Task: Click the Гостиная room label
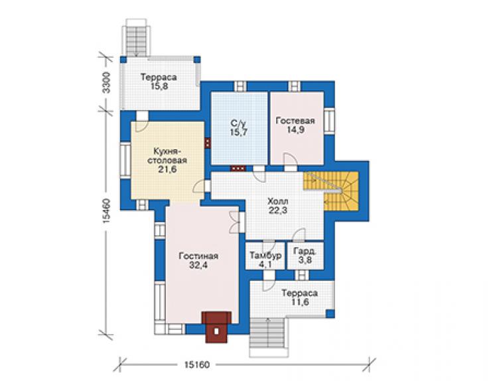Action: [x=198, y=256]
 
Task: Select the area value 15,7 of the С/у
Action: [x=239, y=132]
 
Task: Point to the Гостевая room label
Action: [x=295, y=121]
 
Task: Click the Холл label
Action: [x=277, y=201]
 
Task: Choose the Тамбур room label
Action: [x=265, y=256]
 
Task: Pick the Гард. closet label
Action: [x=305, y=252]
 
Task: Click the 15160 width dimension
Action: [x=196, y=364]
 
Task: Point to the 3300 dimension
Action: [x=106, y=83]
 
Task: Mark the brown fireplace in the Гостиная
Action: [x=216, y=327]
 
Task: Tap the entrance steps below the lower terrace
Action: [x=268, y=337]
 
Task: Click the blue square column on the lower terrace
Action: [x=330, y=313]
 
